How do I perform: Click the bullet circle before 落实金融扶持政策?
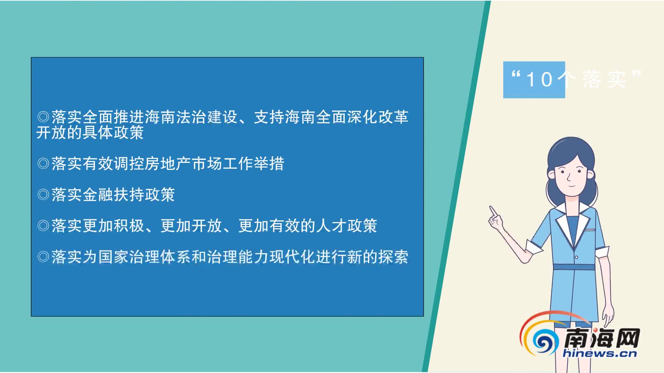click(x=43, y=195)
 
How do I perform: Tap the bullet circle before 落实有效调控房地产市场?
click(x=43, y=163)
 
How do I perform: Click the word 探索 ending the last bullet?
click(x=393, y=257)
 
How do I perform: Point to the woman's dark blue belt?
click(x=574, y=267)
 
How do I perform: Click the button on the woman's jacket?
click(x=577, y=257)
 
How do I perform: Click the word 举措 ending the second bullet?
click(x=269, y=163)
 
